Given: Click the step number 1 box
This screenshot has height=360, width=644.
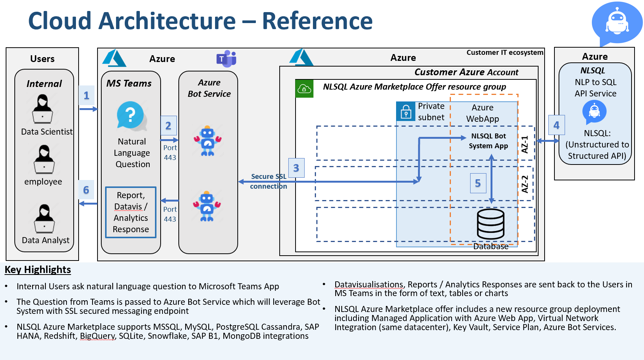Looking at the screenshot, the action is [87, 95].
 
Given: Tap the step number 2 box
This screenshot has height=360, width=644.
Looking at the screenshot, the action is [169, 126].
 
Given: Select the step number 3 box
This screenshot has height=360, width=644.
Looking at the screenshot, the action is [296, 168].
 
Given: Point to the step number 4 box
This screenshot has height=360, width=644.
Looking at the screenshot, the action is [557, 125].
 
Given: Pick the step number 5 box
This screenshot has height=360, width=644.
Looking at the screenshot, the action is [478, 183].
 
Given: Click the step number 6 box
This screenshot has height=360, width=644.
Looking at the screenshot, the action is [86, 189].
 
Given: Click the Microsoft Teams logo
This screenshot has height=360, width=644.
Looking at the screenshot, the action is [226, 59].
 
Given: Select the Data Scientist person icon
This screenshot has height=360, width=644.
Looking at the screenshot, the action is [43, 109].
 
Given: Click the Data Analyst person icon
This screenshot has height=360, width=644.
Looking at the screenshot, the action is [44, 219].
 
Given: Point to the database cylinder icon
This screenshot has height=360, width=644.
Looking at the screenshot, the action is [491, 224].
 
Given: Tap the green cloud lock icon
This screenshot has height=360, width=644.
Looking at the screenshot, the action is [304, 88].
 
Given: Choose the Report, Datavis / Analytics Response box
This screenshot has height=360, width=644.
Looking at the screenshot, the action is [131, 213].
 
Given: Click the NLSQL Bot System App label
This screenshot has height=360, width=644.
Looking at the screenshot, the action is [488, 141].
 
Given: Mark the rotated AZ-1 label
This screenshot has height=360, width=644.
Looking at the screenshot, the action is [525, 144].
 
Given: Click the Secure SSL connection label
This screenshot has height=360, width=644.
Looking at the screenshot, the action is [269, 181].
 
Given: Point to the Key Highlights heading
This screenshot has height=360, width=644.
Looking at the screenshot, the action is [38, 270].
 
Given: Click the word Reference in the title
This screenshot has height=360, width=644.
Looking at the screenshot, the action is [317, 21].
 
